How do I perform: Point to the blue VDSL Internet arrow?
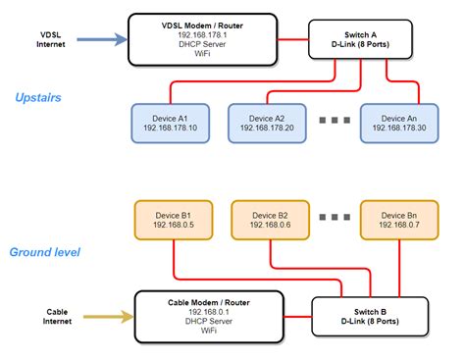tap(98, 40)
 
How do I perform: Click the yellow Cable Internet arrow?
tap(104, 316)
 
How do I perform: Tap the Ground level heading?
tap(45, 251)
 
